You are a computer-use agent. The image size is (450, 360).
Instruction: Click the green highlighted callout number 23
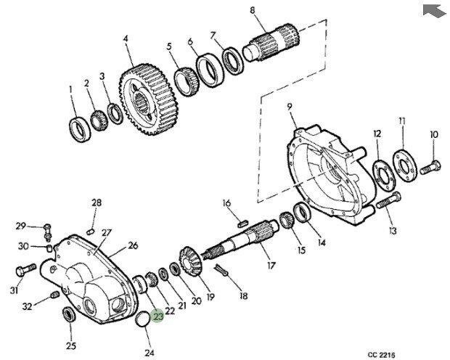pyautogui.click(x=157, y=316)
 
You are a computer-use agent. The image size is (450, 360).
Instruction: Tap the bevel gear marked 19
pyautogui.click(x=191, y=261)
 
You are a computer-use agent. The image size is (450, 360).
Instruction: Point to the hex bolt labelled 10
pyautogui.click(x=430, y=168)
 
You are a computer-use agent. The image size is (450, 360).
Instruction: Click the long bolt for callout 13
pyautogui.click(x=388, y=200)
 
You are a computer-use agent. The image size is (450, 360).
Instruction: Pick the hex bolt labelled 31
pyautogui.click(x=25, y=271)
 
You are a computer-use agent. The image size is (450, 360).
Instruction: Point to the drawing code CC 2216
pyautogui.click(x=381, y=355)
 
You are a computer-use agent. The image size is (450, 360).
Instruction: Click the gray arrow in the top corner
pyautogui.click(x=435, y=11)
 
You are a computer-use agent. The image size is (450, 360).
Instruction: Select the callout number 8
pyautogui.click(x=253, y=10)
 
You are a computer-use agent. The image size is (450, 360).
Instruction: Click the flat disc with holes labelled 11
pyautogui.click(x=405, y=165)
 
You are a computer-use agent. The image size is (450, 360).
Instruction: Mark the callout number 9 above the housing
pyautogui.click(x=290, y=107)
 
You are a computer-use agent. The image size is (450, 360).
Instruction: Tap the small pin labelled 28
pyautogui.click(x=91, y=231)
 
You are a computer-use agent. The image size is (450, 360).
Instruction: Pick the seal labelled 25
pyautogui.click(x=69, y=314)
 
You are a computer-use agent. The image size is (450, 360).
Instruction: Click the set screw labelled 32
pyautogui.click(x=55, y=295)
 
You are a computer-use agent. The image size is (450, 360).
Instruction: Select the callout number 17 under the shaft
pyautogui.click(x=271, y=266)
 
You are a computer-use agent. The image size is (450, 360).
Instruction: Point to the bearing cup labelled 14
pyautogui.click(x=302, y=212)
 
